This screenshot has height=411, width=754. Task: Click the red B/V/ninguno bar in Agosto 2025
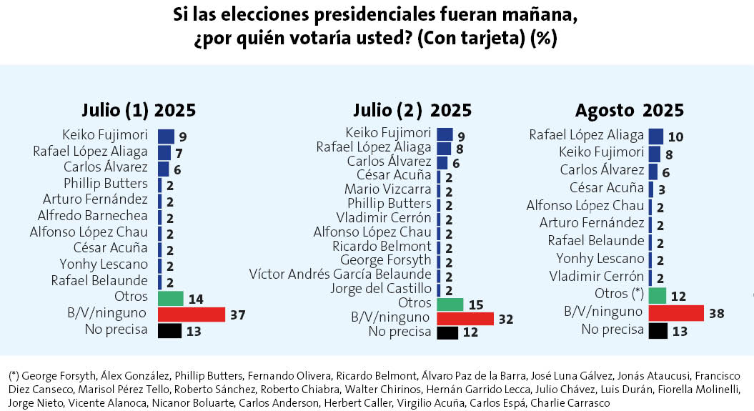pos(676,312)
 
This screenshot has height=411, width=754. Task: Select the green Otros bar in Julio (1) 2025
pos(170,298)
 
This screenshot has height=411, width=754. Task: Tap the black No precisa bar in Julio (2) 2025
pos(447,332)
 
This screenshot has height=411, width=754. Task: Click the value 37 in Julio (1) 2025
pos(238,315)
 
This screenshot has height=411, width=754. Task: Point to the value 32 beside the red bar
pos(505,319)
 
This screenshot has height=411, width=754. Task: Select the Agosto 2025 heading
pos(629,111)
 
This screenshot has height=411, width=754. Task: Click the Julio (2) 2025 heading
pos(412,110)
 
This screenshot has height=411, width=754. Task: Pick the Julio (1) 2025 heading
pos(139,111)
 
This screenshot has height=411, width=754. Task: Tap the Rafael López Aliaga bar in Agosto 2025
pos(656,136)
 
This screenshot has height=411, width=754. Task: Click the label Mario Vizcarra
pos(387,189)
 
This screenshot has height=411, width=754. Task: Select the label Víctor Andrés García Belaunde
pos(340,274)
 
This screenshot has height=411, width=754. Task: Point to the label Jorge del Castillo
pos(381,289)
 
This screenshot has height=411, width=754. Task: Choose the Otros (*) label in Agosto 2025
pos(619,294)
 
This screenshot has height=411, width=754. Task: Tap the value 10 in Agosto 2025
pos(676,137)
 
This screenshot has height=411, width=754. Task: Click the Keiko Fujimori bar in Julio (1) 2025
pos(166,136)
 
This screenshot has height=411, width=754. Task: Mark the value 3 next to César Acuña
pos(663,189)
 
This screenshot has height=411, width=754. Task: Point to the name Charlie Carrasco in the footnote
pos(575,403)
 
